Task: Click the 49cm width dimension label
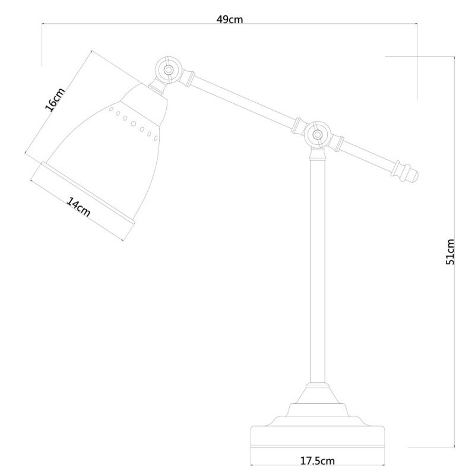tap(229, 20)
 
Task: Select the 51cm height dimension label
tap(451, 251)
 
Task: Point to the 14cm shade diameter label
tap(78, 208)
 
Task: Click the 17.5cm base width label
tap(317, 460)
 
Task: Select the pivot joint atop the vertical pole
tap(317, 135)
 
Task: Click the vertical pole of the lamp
tap(318, 267)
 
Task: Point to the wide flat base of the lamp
tap(317, 437)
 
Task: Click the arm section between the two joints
tap(243, 101)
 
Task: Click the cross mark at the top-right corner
tap(418, 57)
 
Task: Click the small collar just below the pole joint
tap(318, 156)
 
